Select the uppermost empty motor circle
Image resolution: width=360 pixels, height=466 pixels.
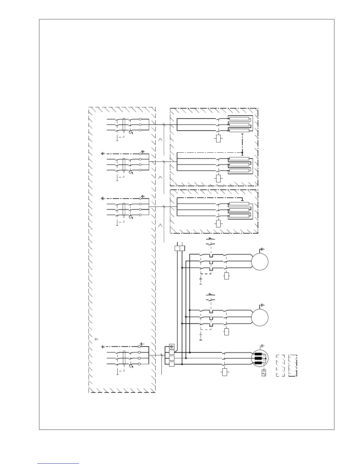(x=260, y=262)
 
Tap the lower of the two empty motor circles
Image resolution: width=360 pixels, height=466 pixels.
(x=260, y=317)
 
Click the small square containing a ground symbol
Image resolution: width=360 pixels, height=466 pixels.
(x=172, y=346)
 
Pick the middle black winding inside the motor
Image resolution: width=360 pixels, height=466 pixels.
(x=258, y=359)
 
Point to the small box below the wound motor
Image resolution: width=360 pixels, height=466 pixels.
(x=264, y=373)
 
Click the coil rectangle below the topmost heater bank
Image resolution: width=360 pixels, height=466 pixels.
(x=218, y=138)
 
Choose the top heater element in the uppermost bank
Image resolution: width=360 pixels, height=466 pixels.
(x=239, y=119)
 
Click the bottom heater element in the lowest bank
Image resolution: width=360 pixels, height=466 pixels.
(x=239, y=216)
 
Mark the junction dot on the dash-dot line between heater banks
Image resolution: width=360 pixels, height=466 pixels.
(x=242, y=153)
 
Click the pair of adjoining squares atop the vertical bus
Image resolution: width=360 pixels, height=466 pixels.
(x=180, y=248)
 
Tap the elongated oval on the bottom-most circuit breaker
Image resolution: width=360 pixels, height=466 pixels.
(x=124, y=358)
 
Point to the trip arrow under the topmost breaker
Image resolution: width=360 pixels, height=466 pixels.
(x=131, y=133)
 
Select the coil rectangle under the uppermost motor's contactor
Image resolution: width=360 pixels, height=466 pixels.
(x=226, y=276)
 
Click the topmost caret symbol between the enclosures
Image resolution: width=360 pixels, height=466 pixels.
(x=160, y=139)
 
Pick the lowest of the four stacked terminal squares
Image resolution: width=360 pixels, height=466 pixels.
(x=172, y=364)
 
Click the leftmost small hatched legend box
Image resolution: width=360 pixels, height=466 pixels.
(x=281, y=366)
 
